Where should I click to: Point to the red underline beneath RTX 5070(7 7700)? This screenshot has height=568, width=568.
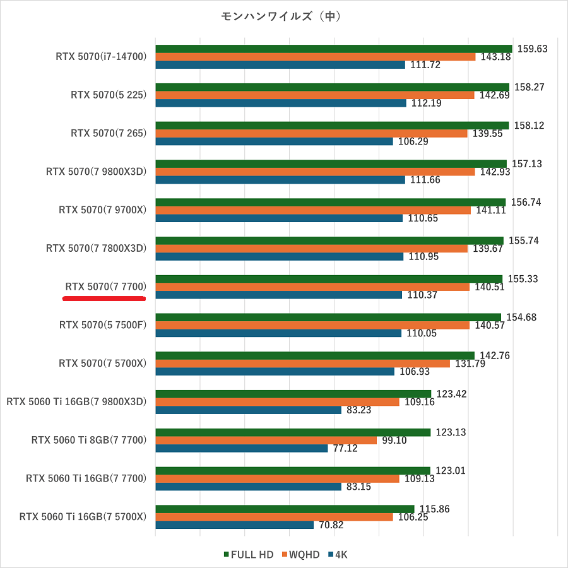(x=104, y=299)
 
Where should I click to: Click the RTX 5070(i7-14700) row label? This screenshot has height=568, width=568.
(x=101, y=57)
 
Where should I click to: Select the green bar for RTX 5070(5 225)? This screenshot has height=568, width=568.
(x=332, y=87)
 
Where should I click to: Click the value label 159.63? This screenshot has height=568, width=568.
(x=531, y=49)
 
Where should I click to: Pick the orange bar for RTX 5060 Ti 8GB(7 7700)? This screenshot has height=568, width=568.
(x=266, y=441)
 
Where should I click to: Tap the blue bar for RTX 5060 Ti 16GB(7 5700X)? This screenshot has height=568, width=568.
(x=234, y=525)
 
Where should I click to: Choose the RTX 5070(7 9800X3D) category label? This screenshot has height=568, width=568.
(x=96, y=172)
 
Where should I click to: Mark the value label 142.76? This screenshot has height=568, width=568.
(x=495, y=355)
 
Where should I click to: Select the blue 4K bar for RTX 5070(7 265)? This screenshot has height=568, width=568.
(x=274, y=141)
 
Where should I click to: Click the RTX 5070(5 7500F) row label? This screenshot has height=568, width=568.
(x=103, y=325)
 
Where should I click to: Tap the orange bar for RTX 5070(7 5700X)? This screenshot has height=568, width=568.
(x=302, y=364)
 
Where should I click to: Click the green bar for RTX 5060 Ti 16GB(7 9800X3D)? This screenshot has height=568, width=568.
(x=293, y=394)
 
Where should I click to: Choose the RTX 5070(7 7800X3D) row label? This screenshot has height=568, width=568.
(x=96, y=248)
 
